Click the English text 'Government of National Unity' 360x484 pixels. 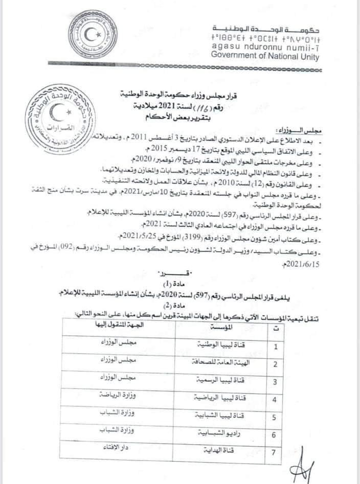point(265,56)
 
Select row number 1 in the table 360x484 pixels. point(275,348)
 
